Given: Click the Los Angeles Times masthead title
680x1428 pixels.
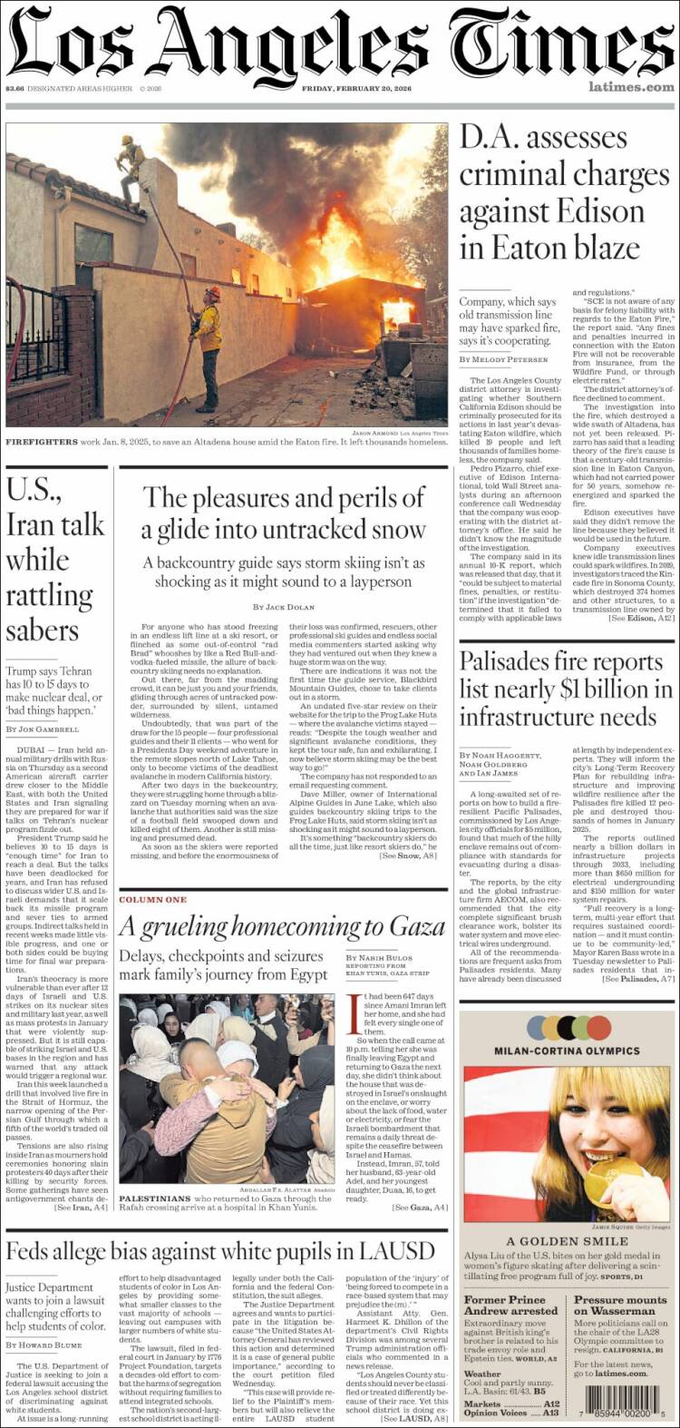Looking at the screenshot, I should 340,43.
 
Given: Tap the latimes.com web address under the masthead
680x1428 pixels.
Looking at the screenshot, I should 631,87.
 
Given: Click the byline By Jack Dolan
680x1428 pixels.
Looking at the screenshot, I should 284,606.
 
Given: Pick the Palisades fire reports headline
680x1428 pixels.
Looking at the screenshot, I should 566,689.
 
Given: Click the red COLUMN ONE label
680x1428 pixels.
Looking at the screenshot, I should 152,899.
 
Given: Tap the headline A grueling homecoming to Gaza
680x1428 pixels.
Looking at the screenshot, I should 282,926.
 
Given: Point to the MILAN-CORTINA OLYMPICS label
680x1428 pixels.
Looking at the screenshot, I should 567,1051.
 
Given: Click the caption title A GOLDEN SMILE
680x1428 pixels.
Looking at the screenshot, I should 567,1241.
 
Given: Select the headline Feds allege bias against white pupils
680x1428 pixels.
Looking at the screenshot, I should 220,1252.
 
